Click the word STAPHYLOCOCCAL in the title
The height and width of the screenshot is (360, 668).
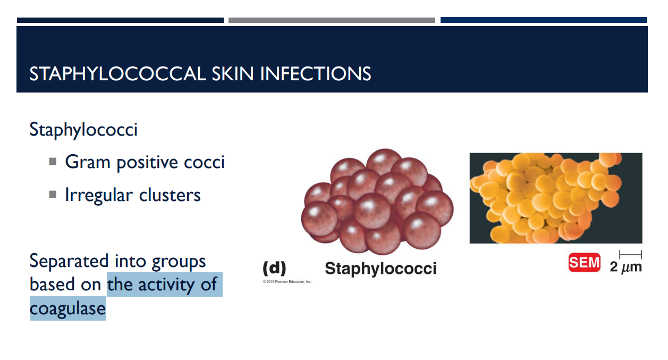click(x=117, y=73)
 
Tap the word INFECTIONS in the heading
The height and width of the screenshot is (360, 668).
click(x=316, y=73)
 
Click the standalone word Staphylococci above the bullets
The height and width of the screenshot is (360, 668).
click(x=83, y=130)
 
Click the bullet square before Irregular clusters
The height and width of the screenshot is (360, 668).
click(x=53, y=194)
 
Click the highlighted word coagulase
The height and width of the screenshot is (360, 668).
click(x=67, y=308)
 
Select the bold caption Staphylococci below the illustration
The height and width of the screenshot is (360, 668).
click(x=380, y=268)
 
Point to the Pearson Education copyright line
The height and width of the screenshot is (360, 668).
click(x=287, y=281)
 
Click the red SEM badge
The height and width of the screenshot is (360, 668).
click(x=584, y=263)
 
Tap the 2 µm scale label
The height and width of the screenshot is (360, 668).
click(x=625, y=266)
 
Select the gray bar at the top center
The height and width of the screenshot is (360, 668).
click(x=332, y=20)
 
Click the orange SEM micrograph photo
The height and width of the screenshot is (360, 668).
click(x=555, y=198)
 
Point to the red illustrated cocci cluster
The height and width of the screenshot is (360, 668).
click(x=377, y=203)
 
